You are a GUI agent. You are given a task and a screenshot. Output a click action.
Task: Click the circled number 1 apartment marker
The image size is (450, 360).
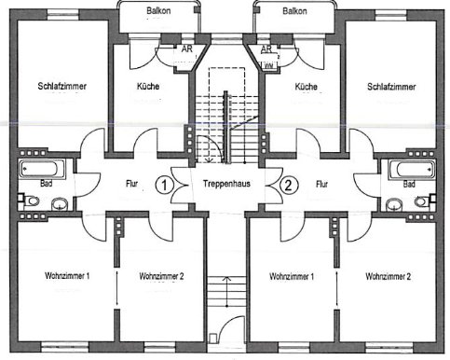[x=164, y=184]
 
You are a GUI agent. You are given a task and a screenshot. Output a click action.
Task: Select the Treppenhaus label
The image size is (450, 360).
[x=225, y=184]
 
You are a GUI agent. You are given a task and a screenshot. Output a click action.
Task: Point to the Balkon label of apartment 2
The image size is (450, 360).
[x=295, y=11]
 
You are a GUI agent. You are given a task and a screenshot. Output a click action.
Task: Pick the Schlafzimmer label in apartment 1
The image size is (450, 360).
[x=63, y=87]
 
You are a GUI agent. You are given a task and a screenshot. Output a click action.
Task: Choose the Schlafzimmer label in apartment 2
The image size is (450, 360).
[x=390, y=87]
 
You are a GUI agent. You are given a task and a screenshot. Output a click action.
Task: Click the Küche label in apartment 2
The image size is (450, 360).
[x=306, y=87]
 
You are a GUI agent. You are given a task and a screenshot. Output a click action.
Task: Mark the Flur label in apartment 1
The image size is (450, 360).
[x=131, y=184]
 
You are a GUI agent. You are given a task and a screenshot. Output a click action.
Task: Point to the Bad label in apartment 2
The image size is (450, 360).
[x=409, y=184]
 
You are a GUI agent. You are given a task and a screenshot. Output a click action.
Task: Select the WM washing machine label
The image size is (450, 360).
[x=268, y=66]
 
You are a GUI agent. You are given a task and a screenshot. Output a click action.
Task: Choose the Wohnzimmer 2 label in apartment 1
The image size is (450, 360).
[x=162, y=277]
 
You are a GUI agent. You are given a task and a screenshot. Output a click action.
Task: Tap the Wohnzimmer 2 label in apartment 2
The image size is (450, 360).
[x=389, y=277]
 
